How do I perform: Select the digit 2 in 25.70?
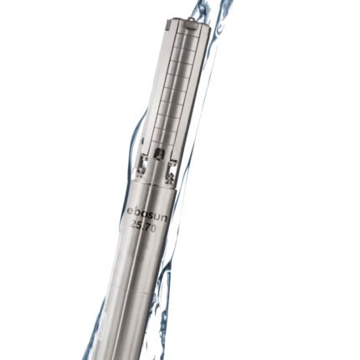point(134,225)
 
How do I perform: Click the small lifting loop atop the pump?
point(191,18)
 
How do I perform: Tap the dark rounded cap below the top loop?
point(191,27)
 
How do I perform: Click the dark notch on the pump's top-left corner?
point(167,26)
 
